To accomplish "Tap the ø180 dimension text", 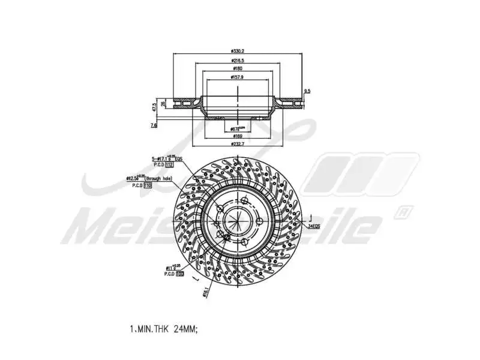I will pyautogui.click(x=238, y=68).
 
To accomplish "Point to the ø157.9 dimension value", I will pyautogui.click(x=238, y=77).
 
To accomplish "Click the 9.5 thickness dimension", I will pyautogui.click(x=307, y=91).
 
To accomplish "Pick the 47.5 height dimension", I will pyautogui.click(x=155, y=107).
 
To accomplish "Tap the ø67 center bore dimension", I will pyautogui.click(x=239, y=128).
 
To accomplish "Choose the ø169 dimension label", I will pyautogui.click(x=238, y=136).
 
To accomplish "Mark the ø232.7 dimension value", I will pyautogui.click(x=238, y=145).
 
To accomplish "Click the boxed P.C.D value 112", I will pyautogui.click(x=169, y=164).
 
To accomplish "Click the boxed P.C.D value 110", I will pyautogui.click(x=148, y=186).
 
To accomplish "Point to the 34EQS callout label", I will pyautogui.click(x=314, y=226).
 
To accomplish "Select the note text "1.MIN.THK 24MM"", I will pyautogui.click(x=163, y=329).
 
